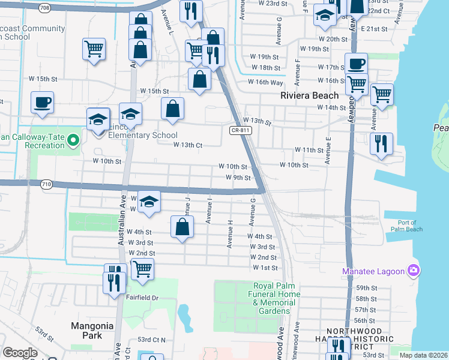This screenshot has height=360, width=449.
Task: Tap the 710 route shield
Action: pyautogui.click(x=46, y=185)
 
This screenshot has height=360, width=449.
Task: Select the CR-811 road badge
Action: pyautogui.click(x=240, y=130)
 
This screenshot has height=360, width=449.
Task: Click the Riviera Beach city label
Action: pyautogui.click(x=310, y=95)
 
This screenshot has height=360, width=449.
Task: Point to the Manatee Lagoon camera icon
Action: pyautogui.click(x=413, y=271)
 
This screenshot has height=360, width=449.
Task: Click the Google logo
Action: pyautogui.click(x=20, y=353)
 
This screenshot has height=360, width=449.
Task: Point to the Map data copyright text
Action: pyautogui.click(x=424, y=355)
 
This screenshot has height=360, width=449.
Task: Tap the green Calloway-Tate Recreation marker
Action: pyautogui.click(x=74, y=140)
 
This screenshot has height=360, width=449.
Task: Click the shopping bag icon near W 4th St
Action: pyautogui.click(x=182, y=227)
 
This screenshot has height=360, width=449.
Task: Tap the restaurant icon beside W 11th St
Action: pyautogui.click(x=381, y=144)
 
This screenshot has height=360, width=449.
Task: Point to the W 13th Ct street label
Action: pyautogui.click(x=188, y=145)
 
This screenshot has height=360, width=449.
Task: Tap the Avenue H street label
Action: pyautogui.click(x=230, y=233)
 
